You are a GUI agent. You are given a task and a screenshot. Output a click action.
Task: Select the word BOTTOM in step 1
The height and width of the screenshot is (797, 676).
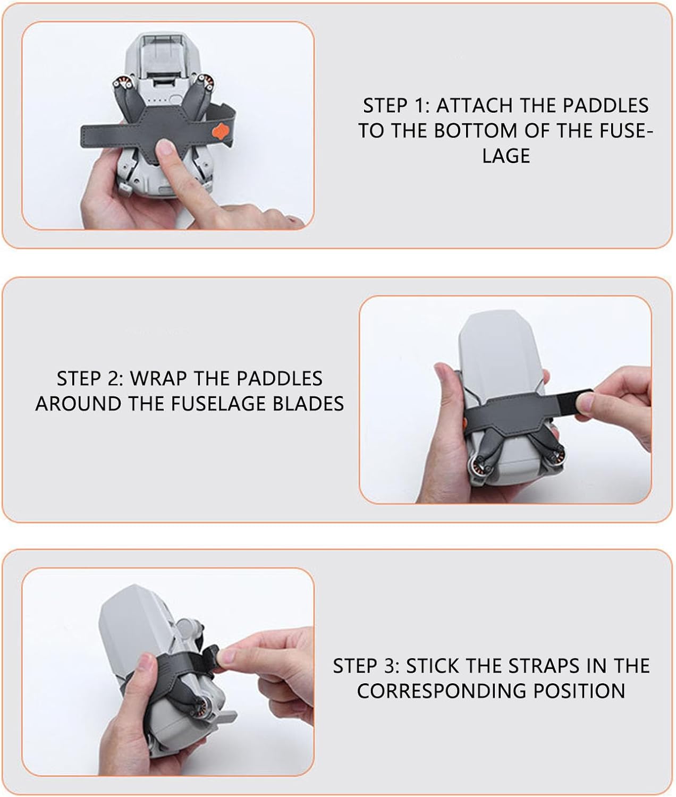[x=476, y=131]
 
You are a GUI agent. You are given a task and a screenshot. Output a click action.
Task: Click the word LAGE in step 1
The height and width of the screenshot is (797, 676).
[x=506, y=156]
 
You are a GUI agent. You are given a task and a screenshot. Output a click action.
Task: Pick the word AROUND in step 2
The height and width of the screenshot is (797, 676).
[x=78, y=404]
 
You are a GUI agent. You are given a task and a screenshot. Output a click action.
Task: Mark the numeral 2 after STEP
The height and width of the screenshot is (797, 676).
[x=115, y=379]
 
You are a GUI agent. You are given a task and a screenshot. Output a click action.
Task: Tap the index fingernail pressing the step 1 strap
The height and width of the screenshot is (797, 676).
[x=166, y=148]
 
